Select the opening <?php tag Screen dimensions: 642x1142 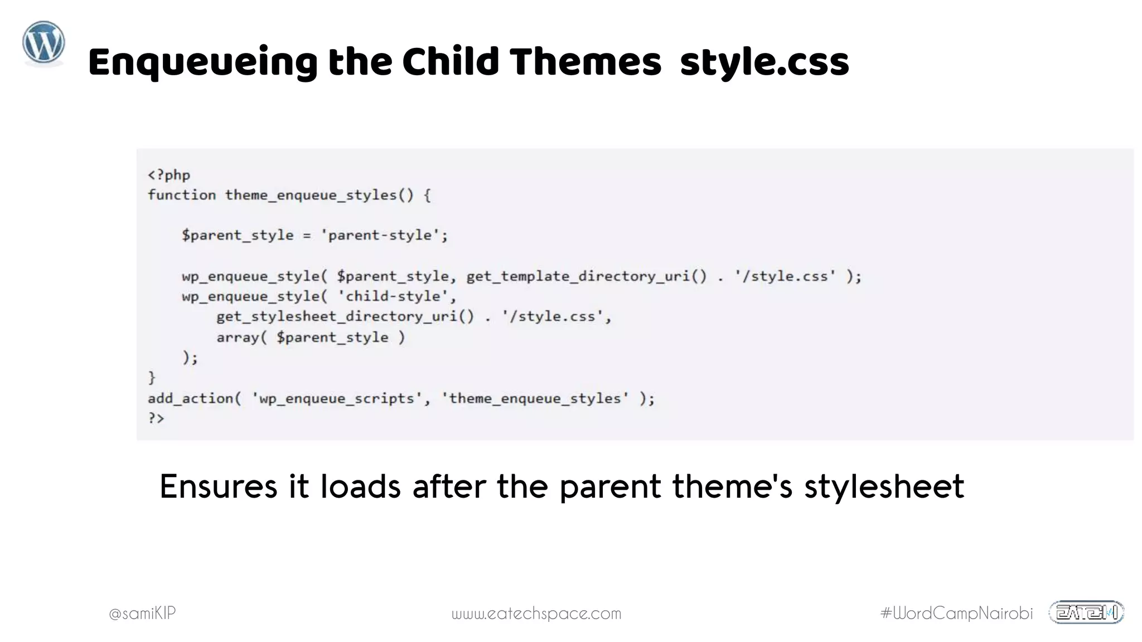pyautogui.click(x=169, y=175)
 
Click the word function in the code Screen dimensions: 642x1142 pyautogui.click(x=182, y=195)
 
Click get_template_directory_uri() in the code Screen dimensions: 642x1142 pyautogui.click(x=586, y=276)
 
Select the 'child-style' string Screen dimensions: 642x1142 pyautogui.click(x=397, y=296)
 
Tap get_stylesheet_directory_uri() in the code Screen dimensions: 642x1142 pyautogui.click(x=345, y=317)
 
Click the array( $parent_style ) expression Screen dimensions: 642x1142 pyautogui.click(x=311, y=337)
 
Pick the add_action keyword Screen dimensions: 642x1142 pyautogui.click(x=190, y=398)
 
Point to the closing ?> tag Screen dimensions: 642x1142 pyautogui.click(x=156, y=418)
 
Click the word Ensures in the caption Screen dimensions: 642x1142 pyautogui.click(x=218, y=486)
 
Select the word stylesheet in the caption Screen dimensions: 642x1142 pyautogui.click(x=884, y=486)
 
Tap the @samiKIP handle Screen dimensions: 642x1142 pyautogui.click(x=142, y=613)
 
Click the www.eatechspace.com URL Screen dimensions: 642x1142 pyautogui.click(x=536, y=614)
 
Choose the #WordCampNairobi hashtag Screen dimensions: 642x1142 pyautogui.click(x=956, y=613)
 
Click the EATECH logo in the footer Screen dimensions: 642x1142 pyautogui.click(x=1086, y=612)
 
